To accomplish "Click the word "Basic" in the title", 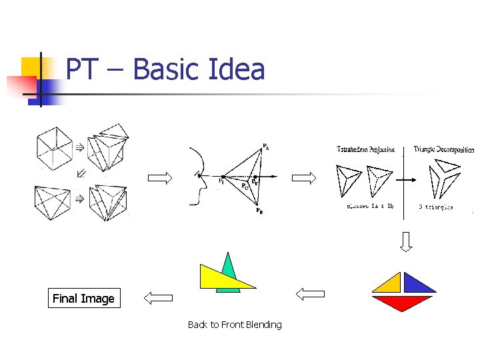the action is point(167,69).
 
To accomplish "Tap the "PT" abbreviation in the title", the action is point(83,69).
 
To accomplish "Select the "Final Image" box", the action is point(83,299).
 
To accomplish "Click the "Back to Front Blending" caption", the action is point(235,325).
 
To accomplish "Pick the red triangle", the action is point(402,303).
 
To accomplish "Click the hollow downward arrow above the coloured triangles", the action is point(406,241).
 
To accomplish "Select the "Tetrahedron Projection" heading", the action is point(365,149).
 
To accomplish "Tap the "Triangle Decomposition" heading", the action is point(444,149).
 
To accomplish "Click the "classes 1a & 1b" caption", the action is point(370,207).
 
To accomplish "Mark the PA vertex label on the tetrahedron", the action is point(266,147).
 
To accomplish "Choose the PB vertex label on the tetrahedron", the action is point(259,211).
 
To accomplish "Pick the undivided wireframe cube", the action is point(53,147).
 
